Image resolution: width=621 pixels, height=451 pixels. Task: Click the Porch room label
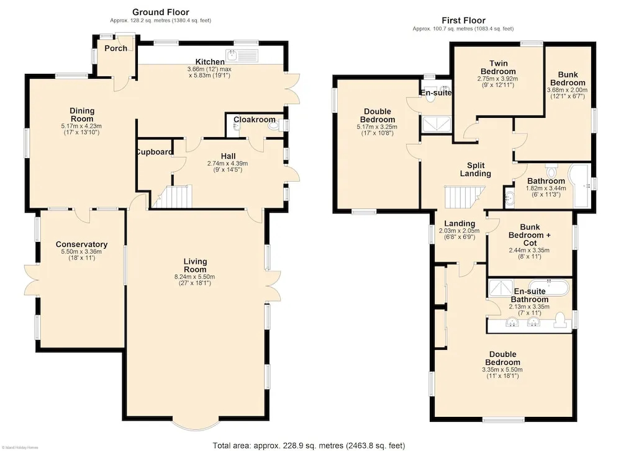pyautogui.click(x=116, y=48)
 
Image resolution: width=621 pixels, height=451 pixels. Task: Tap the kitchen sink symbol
pyautogui.click(x=242, y=55)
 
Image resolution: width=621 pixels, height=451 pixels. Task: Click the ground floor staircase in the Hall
pyautogui.click(x=172, y=197)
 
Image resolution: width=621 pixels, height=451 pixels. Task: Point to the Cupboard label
pyautogui.click(x=154, y=152)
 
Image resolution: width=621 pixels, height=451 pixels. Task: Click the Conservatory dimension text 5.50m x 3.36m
pyautogui.click(x=81, y=252)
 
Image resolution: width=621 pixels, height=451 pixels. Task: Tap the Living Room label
pyautogui.click(x=195, y=265)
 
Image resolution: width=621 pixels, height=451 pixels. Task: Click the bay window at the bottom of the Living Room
pyautogui.click(x=196, y=424)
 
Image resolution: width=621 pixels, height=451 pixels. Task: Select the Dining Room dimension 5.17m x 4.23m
pyautogui.click(x=81, y=126)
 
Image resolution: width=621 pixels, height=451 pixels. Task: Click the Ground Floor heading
pyautogui.click(x=160, y=12)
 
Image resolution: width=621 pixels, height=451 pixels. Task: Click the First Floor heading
pyautogui.click(x=463, y=20)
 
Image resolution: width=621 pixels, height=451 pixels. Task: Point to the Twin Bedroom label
pyautogui.click(x=498, y=67)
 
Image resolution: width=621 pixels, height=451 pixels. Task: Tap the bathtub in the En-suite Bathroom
pyautogui.click(x=550, y=287)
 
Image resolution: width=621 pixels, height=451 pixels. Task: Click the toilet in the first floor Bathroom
pyautogui.click(x=551, y=171)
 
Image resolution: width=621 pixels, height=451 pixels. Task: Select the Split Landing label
pyautogui.click(x=475, y=169)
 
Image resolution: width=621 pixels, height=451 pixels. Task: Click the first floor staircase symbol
pyautogui.click(x=465, y=197)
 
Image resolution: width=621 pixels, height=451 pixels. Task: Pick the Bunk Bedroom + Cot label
pyautogui.click(x=530, y=235)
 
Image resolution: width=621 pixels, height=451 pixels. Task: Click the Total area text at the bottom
pyautogui.click(x=309, y=445)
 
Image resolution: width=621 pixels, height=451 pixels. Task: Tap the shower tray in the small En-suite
pyautogui.click(x=437, y=124)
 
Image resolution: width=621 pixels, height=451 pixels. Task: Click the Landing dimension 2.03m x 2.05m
pyautogui.click(x=459, y=231)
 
